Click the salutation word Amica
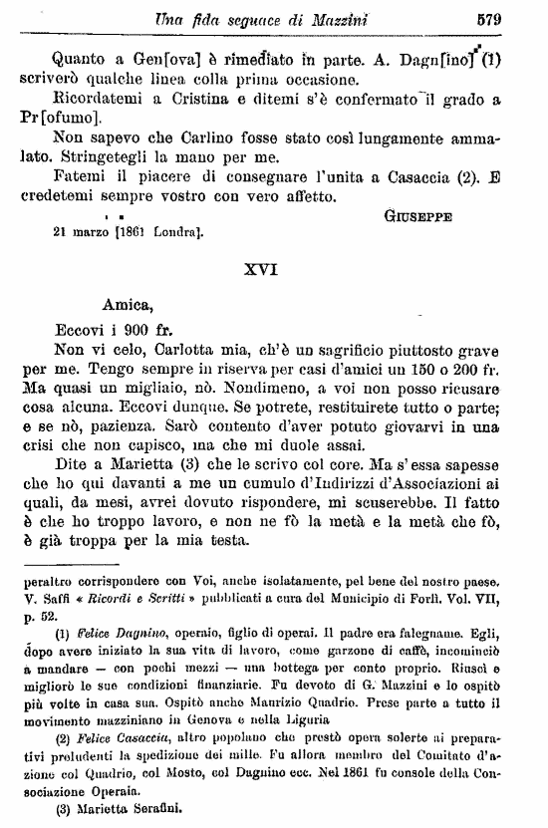[127, 309]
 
